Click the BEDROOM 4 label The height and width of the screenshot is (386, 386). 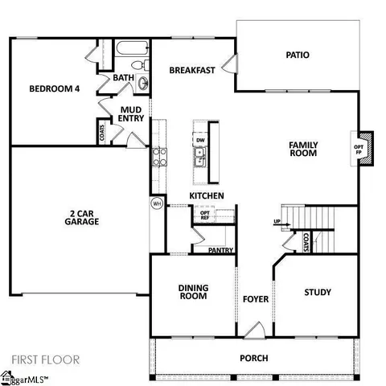(x=54, y=89)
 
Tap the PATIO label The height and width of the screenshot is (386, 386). (x=298, y=55)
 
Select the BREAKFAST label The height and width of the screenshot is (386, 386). (x=192, y=71)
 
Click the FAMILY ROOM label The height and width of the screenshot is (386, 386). (x=303, y=149)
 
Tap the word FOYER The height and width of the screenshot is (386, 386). (x=256, y=300)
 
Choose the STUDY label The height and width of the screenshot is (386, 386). (x=318, y=293)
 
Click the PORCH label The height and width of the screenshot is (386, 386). (x=254, y=358)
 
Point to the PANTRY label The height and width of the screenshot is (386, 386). (x=220, y=251)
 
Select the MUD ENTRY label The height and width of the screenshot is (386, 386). (x=132, y=114)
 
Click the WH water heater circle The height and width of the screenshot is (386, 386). (x=157, y=204)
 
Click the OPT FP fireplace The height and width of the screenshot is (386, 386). (x=359, y=149)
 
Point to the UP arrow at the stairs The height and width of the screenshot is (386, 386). (x=278, y=222)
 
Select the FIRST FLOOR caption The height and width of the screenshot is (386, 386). (x=46, y=359)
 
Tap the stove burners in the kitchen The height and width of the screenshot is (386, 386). (x=158, y=155)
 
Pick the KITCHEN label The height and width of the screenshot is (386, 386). (x=207, y=196)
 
